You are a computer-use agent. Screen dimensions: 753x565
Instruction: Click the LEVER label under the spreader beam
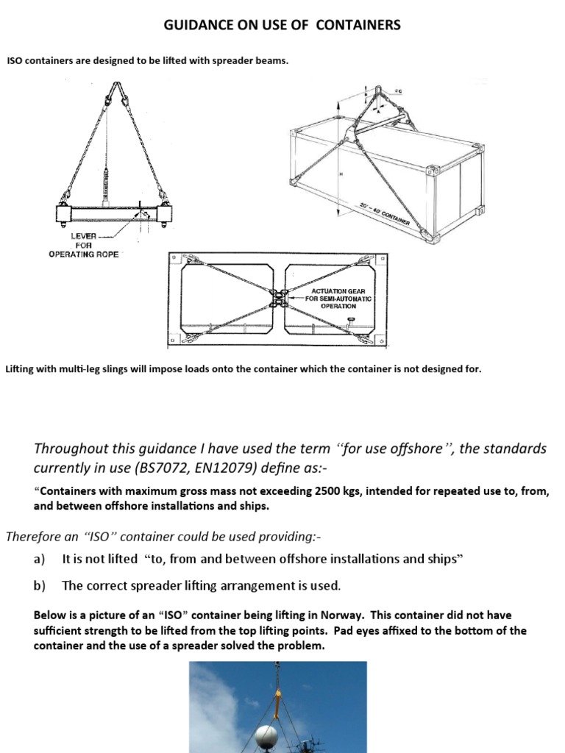[x=83, y=235]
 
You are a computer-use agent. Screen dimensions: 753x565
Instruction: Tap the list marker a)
[x=40, y=559]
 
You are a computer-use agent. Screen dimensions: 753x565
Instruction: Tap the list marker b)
[x=40, y=585]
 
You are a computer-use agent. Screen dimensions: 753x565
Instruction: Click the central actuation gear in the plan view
[x=280, y=300]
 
